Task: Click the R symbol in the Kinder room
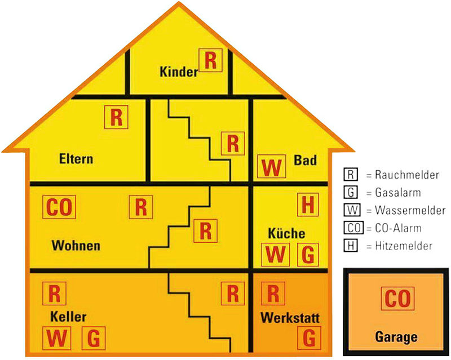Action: pyautogui.click(x=210, y=60)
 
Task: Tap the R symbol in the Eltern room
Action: pyautogui.click(x=116, y=117)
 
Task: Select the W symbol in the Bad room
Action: pyautogui.click(x=272, y=167)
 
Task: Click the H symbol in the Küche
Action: pyautogui.click(x=308, y=205)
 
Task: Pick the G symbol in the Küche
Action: pyautogui.click(x=308, y=255)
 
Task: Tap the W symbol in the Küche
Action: pyautogui.click(x=275, y=255)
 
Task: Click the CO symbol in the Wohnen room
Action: pyautogui.click(x=59, y=207)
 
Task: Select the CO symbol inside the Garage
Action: pyautogui.click(x=398, y=299)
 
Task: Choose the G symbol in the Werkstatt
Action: pyautogui.click(x=309, y=338)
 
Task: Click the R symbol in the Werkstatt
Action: pyautogui.click(x=273, y=294)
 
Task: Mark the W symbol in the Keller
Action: pyautogui.click(x=57, y=338)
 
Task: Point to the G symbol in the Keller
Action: pyautogui.click(x=94, y=338)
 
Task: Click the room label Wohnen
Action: pyautogui.click(x=76, y=246)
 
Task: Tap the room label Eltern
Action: pyautogui.click(x=76, y=159)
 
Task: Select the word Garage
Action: pyautogui.click(x=396, y=337)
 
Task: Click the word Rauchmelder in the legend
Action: pyautogui.click(x=407, y=175)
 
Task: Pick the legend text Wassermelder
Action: pyautogui.click(x=410, y=211)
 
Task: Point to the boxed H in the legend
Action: pyautogui.click(x=351, y=246)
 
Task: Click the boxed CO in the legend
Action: pyautogui.click(x=354, y=228)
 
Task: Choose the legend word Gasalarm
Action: pyautogui.click(x=398, y=193)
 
